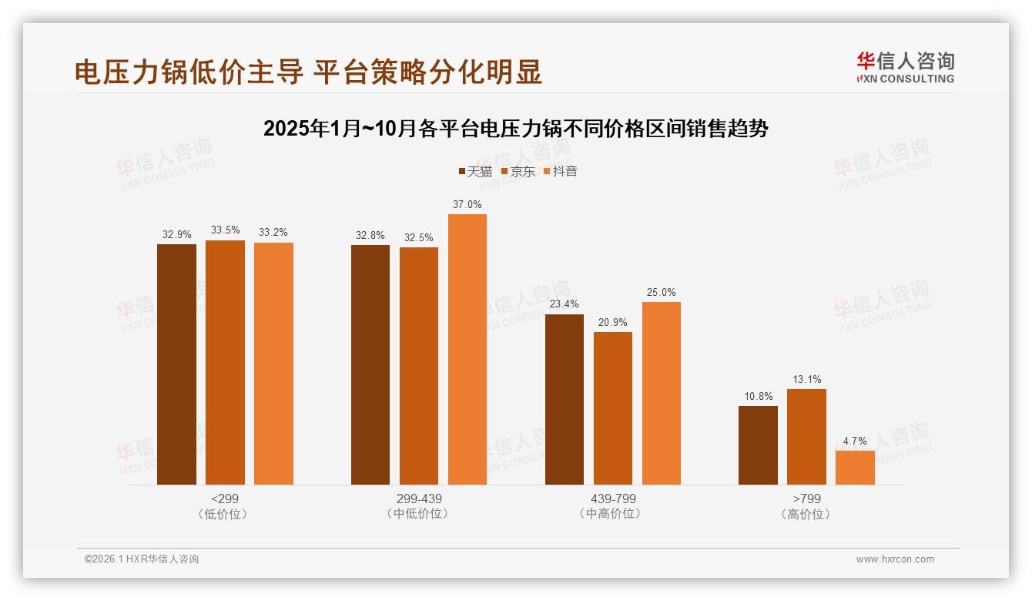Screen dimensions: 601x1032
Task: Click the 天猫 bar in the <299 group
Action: click(x=176, y=364)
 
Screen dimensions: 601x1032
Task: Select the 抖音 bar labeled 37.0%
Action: click(x=467, y=349)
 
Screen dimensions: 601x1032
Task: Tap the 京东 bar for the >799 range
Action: click(x=806, y=436)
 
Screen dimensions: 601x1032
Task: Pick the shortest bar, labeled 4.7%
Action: click(x=855, y=467)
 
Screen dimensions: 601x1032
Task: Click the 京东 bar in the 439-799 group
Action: click(x=613, y=408)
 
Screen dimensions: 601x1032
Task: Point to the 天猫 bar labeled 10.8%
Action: click(x=758, y=445)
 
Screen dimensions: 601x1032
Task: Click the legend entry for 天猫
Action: click(x=474, y=171)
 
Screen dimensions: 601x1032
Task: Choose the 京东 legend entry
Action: click(x=518, y=171)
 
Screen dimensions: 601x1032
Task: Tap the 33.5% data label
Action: click(x=225, y=230)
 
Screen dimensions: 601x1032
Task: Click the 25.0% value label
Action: click(x=662, y=292)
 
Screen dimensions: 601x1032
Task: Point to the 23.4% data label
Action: click(x=565, y=304)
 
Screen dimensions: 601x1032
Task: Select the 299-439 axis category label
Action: click(x=419, y=499)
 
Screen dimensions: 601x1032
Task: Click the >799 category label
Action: click(x=806, y=499)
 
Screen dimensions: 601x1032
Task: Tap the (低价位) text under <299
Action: click(x=225, y=514)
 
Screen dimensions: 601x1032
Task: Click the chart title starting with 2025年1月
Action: click(x=515, y=128)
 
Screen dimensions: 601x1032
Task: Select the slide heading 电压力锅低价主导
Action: click(x=308, y=72)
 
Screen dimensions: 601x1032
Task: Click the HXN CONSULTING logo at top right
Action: click(x=905, y=68)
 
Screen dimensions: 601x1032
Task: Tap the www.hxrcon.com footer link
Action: click(x=895, y=559)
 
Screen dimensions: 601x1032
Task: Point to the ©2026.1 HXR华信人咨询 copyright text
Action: click(x=142, y=559)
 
